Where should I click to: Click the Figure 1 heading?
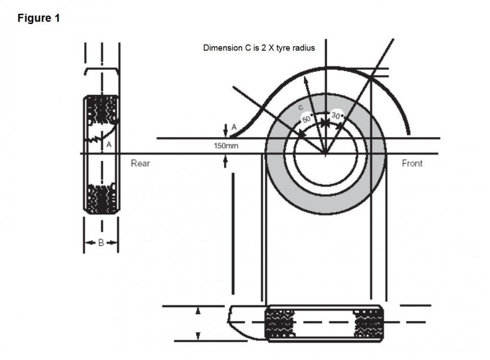click(38, 18)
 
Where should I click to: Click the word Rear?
click(140, 163)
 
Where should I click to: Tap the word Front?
click(412, 163)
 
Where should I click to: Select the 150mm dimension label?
click(226, 146)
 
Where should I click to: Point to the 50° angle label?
click(307, 119)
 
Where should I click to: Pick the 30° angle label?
click(336, 115)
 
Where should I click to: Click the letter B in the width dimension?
click(101, 242)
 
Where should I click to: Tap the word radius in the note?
click(303, 48)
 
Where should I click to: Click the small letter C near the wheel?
click(301, 107)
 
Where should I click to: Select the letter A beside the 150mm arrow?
click(234, 127)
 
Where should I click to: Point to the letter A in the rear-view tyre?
click(109, 145)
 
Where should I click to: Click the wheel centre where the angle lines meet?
click(325, 154)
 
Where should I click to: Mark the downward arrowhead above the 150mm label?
click(225, 133)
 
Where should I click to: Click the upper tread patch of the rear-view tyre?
click(102, 110)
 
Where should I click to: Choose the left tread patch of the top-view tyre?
click(280, 324)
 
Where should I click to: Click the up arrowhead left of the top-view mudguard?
click(197, 311)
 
